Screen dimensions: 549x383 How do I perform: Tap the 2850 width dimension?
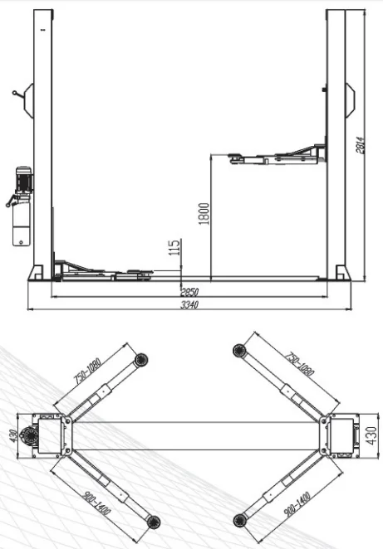pyautogui.click(x=191, y=292)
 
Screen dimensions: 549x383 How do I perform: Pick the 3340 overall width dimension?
pyautogui.click(x=191, y=304)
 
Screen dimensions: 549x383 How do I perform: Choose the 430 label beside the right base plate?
pyautogui.click(x=372, y=433)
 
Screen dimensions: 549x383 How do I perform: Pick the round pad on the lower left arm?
pyautogui.click(x=151, y=519)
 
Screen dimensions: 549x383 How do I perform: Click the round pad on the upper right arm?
pyautogui.click(x=238, y=353)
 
